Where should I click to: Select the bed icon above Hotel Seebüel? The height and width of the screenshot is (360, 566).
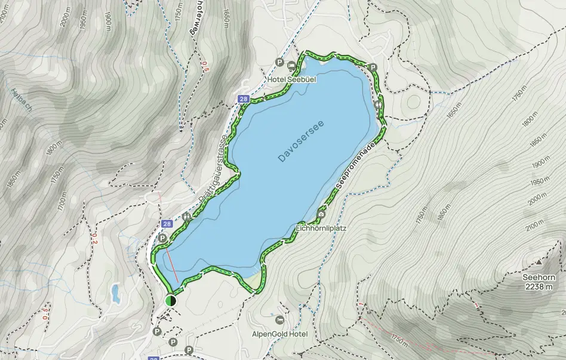[291, 66]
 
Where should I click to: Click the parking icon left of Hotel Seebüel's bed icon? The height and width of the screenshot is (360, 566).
[279, 63]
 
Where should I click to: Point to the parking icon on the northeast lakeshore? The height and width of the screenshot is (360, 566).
[373, 68]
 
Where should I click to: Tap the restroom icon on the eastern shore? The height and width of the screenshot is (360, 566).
[379, 105]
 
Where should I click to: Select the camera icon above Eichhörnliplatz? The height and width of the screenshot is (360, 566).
[321, 214]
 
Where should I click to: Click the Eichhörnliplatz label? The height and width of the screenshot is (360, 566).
[321, 228]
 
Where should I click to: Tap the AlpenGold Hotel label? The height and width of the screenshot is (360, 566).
[280, 334]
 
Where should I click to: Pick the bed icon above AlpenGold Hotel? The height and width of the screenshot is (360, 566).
[281, 320]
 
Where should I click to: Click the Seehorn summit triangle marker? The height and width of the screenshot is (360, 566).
[539, 261]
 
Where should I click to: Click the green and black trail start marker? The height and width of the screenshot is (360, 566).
[171, 300]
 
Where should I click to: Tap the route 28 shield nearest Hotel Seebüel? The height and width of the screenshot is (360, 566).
[243, 99]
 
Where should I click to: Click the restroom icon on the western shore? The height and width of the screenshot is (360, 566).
[187, 217]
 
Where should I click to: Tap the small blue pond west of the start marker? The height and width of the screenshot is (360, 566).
[115, 293]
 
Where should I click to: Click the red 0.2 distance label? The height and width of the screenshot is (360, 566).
[94, 239]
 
